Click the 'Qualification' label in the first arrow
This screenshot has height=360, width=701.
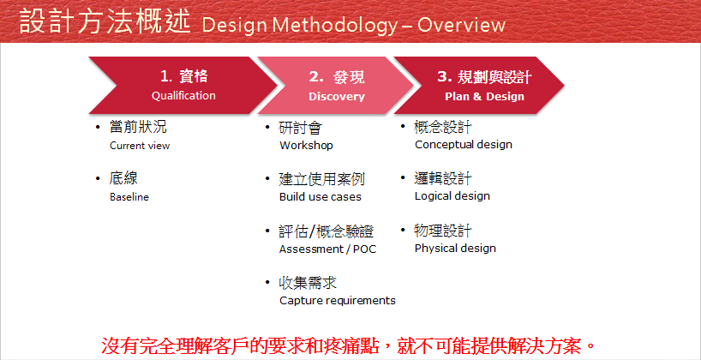click(183, 96)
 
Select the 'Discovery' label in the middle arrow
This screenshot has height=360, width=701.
click(337, 96)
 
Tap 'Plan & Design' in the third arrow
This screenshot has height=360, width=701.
click(485, 97)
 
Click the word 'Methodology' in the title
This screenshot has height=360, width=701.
click(334, 26)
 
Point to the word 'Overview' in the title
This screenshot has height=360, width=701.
click(461, 25)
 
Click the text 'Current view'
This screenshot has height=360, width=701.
click(140, 146)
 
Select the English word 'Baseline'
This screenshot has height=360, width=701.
click(129, 197)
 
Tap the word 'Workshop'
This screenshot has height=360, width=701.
click(306, 146)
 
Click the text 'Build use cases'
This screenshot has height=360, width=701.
click(321, 197)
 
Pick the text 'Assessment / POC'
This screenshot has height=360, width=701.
click(327, 249)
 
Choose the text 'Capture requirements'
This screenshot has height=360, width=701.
click(338, 301)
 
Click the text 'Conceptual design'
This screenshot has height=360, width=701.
click(464, 145)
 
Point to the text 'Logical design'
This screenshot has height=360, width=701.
click(452, 196)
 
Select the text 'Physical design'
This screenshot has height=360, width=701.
click(455, 249)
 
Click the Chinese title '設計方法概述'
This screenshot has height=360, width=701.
click(105, 23)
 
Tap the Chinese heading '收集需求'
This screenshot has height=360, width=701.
click(308, 283)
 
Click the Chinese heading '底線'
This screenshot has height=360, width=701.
click(123, 179)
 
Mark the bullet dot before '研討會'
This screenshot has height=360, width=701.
click(267, 128)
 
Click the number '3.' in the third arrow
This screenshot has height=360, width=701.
click(445, 77)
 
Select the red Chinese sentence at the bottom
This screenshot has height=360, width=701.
click(348, 345)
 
